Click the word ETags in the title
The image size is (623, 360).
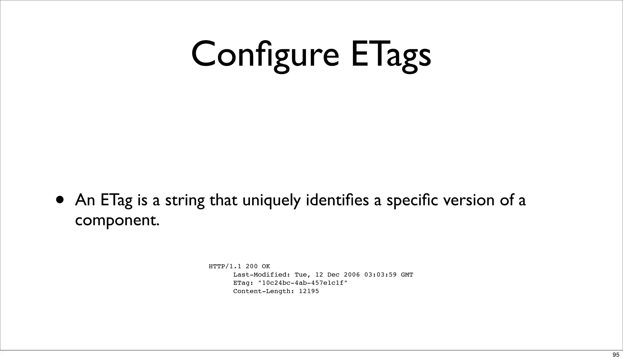click(391, 55)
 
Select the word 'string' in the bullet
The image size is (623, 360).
click(185, 201)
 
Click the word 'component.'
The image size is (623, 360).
click(117, 220)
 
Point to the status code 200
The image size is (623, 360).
click(252, 266)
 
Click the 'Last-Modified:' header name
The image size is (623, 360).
click(262, 275)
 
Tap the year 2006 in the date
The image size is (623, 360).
click(352, 275)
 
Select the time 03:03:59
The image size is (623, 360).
click(380, 275)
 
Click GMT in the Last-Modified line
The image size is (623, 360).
click(407, 275)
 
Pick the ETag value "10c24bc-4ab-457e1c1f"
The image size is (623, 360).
click(303, 283)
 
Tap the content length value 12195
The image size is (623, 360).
click(309, 291)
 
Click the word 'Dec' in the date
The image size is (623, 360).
click(333, 275)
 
